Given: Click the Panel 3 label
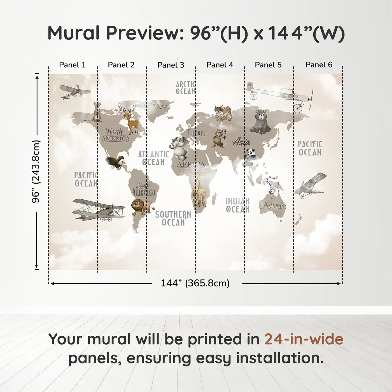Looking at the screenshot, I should click(171, 65).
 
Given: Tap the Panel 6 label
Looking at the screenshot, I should click(319, 65).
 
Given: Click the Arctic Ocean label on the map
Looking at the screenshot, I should click(185, 88).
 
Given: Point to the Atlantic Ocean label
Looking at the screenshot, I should click(153, 158).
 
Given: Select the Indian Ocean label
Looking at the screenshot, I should click(238, 205).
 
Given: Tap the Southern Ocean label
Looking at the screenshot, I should click(173, 219).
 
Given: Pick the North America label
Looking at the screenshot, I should click(115, 135).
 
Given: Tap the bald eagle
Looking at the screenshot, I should click(116, 162).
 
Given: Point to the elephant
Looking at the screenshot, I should click(180, 148).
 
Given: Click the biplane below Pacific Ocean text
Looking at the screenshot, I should click(98, 210).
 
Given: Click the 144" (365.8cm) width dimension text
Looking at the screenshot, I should click(195, 283).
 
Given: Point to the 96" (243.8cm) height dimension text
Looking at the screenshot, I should click(36, 171).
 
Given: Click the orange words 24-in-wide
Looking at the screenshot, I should click(304, 339).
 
